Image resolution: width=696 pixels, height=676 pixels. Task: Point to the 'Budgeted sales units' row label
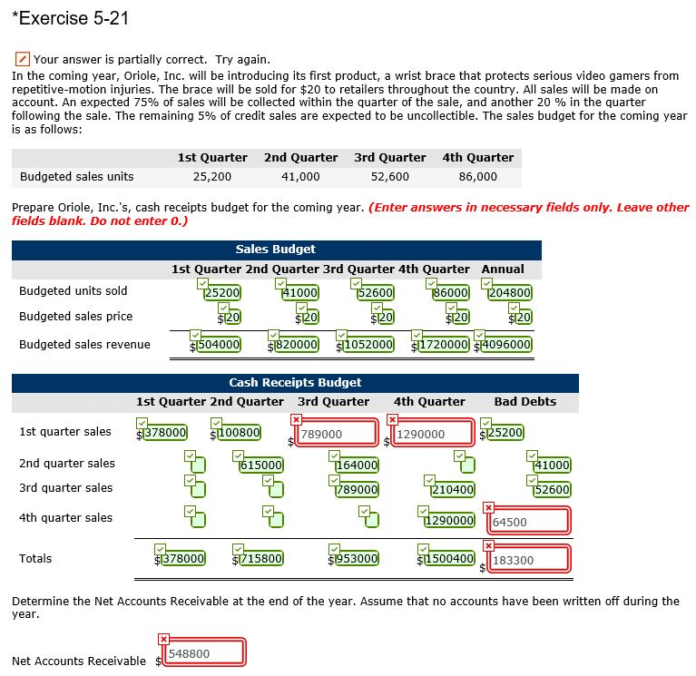76,177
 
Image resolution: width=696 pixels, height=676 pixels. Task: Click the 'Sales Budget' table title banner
276,249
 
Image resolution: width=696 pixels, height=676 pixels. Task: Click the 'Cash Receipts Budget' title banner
295,383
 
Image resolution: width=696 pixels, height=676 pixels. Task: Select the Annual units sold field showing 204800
510,293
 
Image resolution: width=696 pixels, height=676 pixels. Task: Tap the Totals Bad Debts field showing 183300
530,561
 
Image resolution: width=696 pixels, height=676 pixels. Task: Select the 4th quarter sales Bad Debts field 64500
530,522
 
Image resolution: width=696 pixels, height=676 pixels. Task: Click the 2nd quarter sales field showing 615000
262,465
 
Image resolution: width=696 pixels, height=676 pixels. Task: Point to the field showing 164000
357,465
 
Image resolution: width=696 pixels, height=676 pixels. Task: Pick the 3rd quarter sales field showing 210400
451,490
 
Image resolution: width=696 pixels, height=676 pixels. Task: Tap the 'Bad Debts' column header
524,402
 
